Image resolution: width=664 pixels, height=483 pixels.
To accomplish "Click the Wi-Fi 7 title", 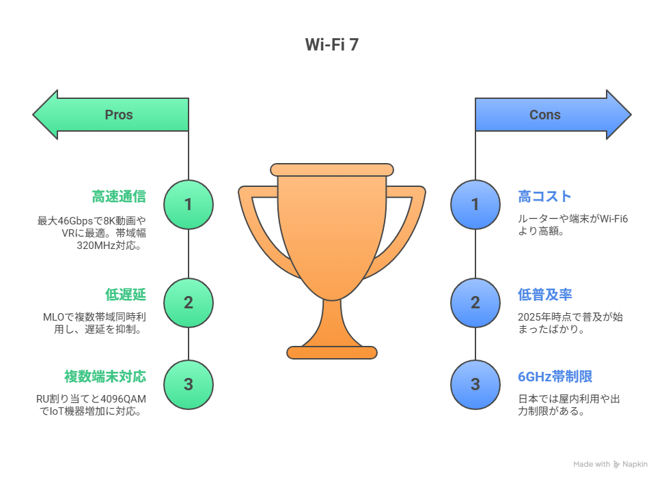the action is tap(331, 44).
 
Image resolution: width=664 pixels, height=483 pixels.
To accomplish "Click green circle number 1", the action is tap(189, 205).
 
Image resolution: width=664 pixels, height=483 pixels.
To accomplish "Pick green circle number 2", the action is tap(189, 303).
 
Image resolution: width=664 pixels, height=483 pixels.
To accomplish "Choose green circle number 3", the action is tap(189, 385).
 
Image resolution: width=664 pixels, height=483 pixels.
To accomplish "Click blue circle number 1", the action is tap(475, 205).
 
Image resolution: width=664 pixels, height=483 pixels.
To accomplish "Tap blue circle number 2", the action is tap(475, 303).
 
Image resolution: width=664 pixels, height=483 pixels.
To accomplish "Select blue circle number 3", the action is tap(475, 385).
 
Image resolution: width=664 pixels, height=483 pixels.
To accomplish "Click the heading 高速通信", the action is tap(119, 196).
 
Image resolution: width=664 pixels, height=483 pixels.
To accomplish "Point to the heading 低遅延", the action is tap(126, 295).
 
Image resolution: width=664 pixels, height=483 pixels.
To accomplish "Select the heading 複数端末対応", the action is tap(105, 377).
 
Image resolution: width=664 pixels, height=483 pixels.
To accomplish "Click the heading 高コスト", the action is tap(545, 196).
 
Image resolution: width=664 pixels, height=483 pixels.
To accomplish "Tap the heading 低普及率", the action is tap(545, 295).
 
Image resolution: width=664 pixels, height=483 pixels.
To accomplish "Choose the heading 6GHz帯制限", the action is tap(555, 377).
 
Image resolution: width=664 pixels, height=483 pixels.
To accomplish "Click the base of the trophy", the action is tap(332, 353).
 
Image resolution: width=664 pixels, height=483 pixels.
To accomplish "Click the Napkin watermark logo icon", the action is tap(617, 465).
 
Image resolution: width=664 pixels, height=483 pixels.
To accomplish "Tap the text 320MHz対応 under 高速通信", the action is tap(109, 246).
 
